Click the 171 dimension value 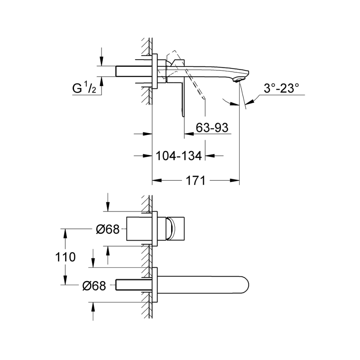(195, 180)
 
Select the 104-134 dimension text (179, 156)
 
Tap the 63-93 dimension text (212, 128)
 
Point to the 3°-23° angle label (281, 88)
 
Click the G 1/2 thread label (84, 88)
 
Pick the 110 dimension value (65, 257)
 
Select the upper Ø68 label (108, 229)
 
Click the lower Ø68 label (94, 286)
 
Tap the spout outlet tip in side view (238, 80)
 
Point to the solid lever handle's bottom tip (183, 116)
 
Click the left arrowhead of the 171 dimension (157, 180)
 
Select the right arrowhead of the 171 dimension (235, 180)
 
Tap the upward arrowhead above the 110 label (65, 234)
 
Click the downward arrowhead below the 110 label (65, 280)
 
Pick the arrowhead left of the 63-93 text (189, 133)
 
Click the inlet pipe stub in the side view (134, 71)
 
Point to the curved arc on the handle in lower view (172, 229)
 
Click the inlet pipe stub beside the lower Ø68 (134, 285)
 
